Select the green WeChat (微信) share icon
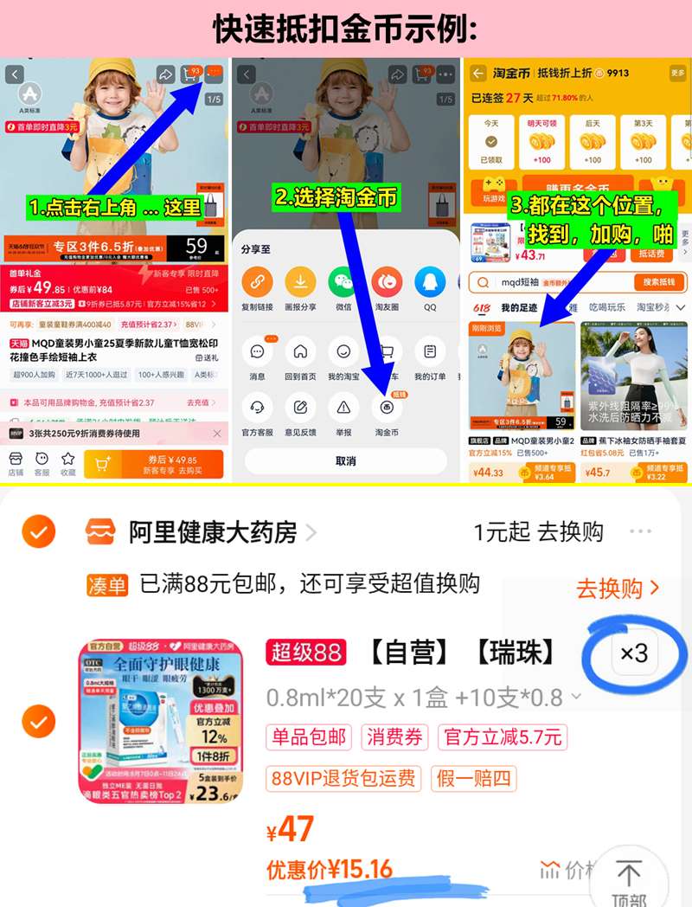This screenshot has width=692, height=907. coord(343,281)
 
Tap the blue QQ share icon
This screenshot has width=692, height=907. coord(430,281)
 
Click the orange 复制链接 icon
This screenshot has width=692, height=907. coord(257,281)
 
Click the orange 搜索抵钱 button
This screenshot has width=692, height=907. coord(659,282)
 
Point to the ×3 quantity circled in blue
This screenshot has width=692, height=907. coord(634,653)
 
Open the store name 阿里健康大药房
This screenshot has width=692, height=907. coord(212,531)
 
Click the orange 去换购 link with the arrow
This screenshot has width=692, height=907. coord(618,589)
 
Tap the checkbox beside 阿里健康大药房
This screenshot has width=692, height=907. coord(38,532)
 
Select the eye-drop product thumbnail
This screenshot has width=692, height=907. coord(161,720)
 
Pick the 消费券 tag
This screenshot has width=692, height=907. coord(394,737)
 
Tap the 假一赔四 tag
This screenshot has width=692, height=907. coord(474,777)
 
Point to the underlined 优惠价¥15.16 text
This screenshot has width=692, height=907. coord(330,869)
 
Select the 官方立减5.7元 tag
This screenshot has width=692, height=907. coord(503,737)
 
